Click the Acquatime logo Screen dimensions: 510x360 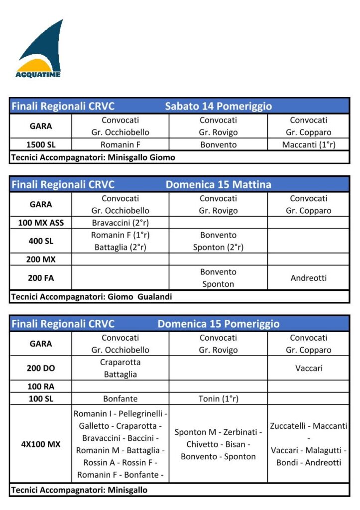tap(38, 50)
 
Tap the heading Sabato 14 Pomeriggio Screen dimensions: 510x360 tap(219, 106)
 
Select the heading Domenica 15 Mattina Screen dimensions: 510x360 tap(219, 184)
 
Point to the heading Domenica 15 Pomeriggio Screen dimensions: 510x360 tap(219, 324)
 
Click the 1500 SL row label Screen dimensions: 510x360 tap(40, 145)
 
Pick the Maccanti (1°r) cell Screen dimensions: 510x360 tap(308, 145)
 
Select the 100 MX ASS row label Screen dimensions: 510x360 tap(40, 223)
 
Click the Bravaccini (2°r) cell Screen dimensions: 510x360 tap(120, 223)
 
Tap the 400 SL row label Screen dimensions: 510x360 tap(40, 241)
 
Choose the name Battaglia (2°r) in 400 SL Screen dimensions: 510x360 tap(120, 247)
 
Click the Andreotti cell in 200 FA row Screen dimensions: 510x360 tap(308, 278)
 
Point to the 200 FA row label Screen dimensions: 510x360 tap(40, 278)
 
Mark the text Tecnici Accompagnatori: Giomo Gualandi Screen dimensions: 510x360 tap(91, 297)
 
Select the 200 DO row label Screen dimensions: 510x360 tap(40, 369)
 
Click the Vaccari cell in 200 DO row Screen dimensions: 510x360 tap(308, 369)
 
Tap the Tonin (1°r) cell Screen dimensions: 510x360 tap(218, 398)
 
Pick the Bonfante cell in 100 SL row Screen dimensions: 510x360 tap(120, 398)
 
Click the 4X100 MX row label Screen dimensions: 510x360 tap(40, 444)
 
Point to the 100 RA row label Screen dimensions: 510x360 tap(40, 386)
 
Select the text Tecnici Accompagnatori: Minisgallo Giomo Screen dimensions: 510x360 tap(93, 157)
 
